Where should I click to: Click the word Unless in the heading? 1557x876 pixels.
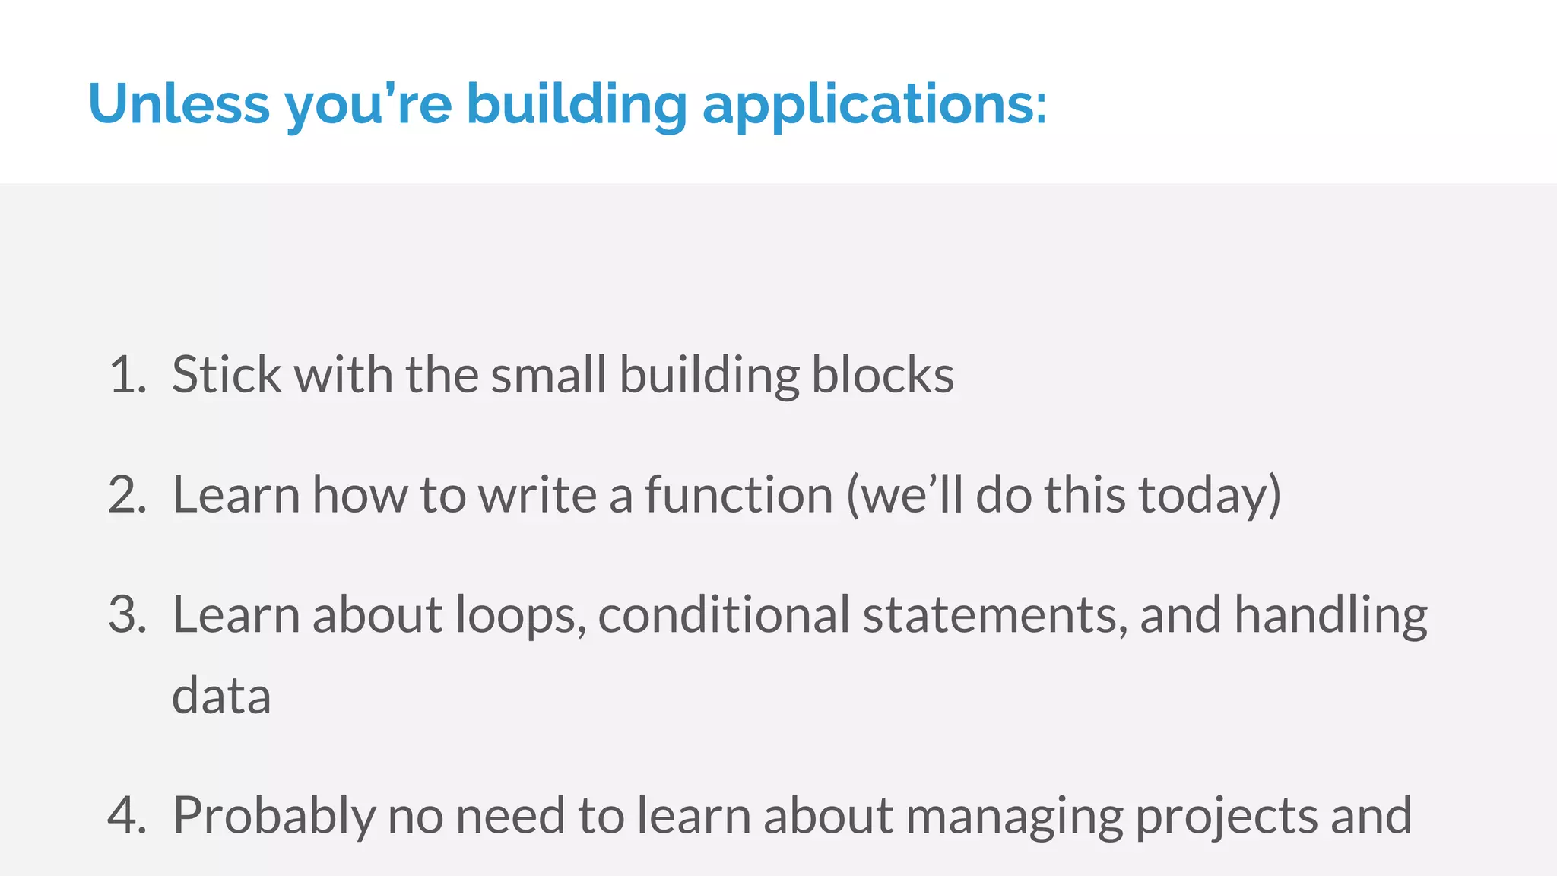point(179,103)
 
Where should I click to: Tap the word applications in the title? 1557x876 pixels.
point(874,105)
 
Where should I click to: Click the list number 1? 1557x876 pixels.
point(126,375)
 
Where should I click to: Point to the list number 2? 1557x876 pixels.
point(126,495)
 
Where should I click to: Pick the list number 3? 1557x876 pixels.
point(126,614)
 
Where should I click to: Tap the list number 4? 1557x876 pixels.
point(126,815)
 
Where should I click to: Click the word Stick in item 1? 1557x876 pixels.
point(227,375)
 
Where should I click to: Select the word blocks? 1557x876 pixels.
point(882,375)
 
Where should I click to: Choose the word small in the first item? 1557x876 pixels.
point(548,375)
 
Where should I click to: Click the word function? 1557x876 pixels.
point(739,495)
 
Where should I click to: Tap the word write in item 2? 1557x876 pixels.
point(537,495)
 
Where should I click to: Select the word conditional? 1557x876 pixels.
point(723,614)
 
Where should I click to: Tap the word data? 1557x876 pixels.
point(221,696)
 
